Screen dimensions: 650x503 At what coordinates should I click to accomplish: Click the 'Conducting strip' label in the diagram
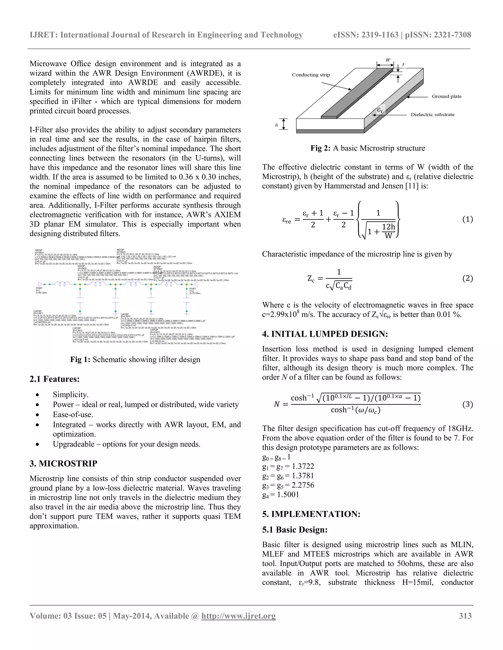[x=311, y=75]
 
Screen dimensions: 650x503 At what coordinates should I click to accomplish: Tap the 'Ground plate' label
[x=446, y=96]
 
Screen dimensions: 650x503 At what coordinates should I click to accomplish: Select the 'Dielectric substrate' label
[x=432, y=115]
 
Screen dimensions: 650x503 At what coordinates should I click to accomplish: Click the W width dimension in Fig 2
[x=388, y=60]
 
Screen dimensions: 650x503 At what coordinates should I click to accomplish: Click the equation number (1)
[x=467, y=219]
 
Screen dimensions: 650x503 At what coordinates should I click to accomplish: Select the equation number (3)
[x=467, y=404]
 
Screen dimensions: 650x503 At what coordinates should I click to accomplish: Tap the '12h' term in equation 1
[x=388, y=227]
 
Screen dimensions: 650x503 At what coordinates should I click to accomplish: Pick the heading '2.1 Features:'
[x=55, y=379]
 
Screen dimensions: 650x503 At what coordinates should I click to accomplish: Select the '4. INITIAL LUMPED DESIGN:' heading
[x=325, y=334]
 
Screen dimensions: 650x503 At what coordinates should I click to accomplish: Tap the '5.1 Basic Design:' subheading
[x=295, y=530]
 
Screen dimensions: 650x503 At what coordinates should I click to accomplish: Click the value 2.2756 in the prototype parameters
[x=303, y=485]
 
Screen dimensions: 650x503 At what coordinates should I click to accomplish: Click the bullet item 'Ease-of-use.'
[x=73, y=415]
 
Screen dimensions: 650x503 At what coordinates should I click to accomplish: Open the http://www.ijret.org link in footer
[x=238, y=616]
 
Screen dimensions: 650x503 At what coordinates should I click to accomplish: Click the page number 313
[x=465, y=616]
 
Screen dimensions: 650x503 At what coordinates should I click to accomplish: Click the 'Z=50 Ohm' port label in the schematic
[x=42, y=293]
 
